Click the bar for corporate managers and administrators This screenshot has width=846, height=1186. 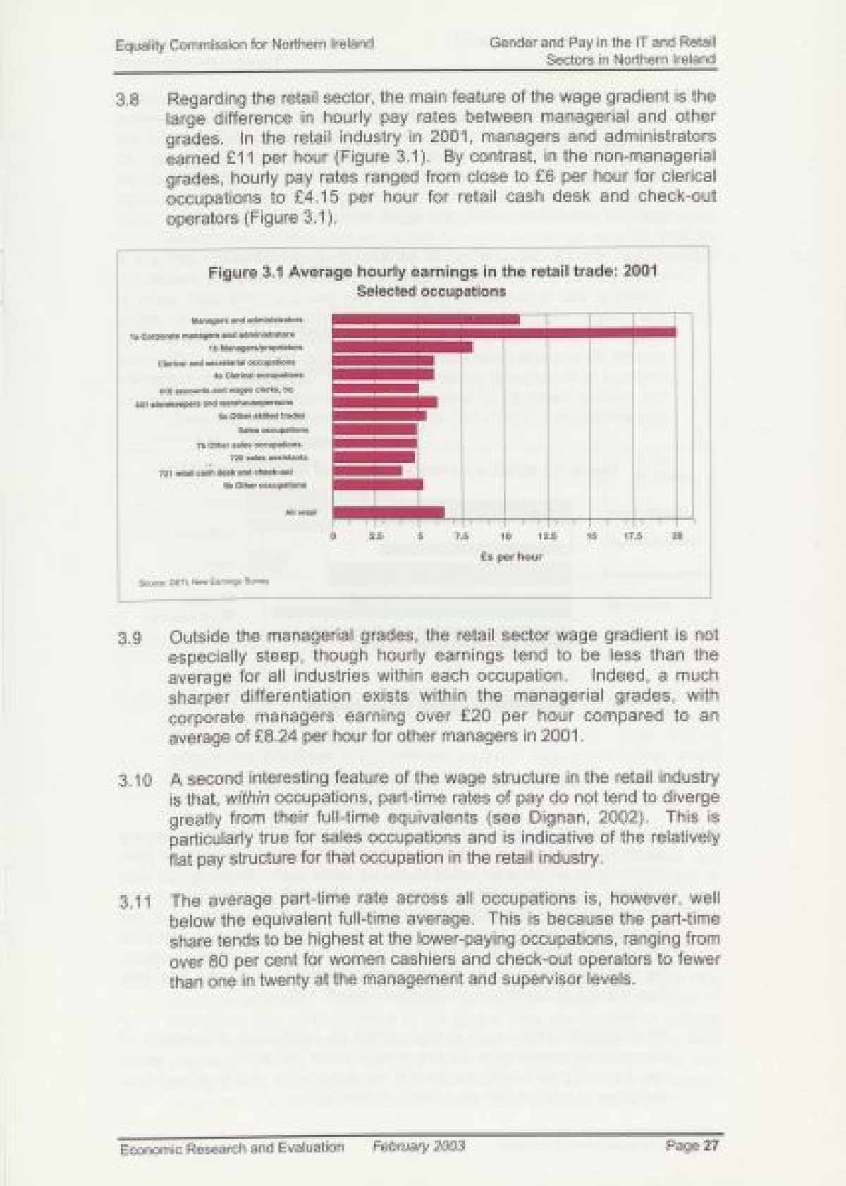point(504,332)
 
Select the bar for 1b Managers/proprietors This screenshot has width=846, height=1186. point(403,347)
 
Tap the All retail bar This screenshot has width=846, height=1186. point(388,512)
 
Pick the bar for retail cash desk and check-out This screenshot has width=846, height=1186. point(367,470)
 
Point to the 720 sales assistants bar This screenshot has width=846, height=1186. point(374,456)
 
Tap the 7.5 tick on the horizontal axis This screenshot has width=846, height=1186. point(462,537)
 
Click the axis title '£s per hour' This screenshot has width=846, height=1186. point(511,557)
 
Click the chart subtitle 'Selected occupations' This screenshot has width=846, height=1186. point(431,291)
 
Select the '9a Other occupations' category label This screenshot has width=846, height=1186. point(263,485)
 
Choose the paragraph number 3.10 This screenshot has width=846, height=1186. point(135,781)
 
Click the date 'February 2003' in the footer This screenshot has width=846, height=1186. point(419,1146)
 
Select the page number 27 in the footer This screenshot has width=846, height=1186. point(710,1145)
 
